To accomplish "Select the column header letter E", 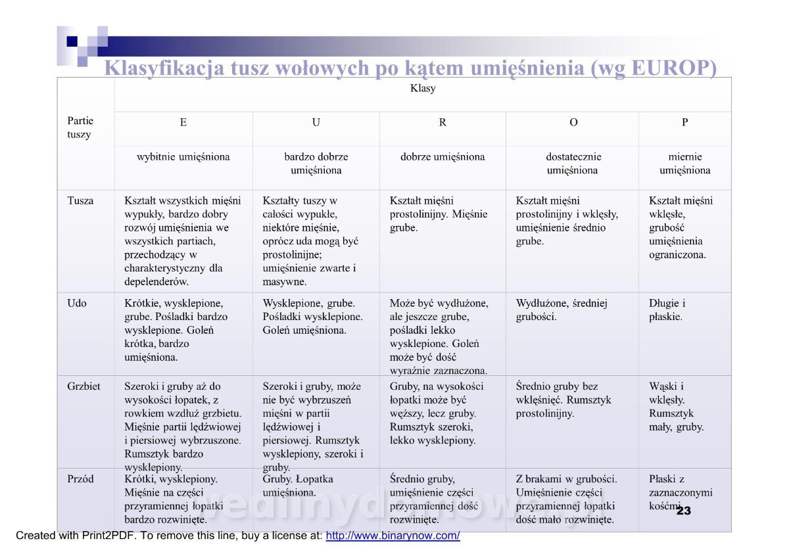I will pyautogui.click(x=183, y=122).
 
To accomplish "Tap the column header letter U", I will pyautogui.click(x=316, y=122).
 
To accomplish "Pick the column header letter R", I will pyautogui.click(x=442, y=122).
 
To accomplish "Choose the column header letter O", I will pyautogui.click(x=573, y=122).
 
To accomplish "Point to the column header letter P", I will pyautogui.click(x=684, y=122).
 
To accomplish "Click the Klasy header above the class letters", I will pyautogui.click(x=423, y=88).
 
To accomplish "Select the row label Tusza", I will pyautogui.click(x=80, y=201).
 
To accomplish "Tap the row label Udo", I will pyautogui.click(x=77, y=304).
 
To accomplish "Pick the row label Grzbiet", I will pyautogui.click(x=84, y=386).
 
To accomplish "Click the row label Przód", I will pyautogui.click(x=80, y=479).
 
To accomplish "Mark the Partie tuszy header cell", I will pyautogui.click(x=80, y=128).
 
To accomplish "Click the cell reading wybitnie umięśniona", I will pyautogui.click(x=183, y=157).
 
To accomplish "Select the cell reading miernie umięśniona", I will pyautogui.click(x=684, y=164).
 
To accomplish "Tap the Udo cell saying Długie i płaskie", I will pyautogui.click(x=667, y=310).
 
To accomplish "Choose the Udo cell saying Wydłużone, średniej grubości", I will pyautogui.click(x=561, y=310).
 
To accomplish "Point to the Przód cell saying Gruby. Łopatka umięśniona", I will pyautogui.click(x=298, y=486).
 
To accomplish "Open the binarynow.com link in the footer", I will pyautogui.click(x=393, y=536).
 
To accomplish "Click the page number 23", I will pyautogui.click(x=683, y=511).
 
